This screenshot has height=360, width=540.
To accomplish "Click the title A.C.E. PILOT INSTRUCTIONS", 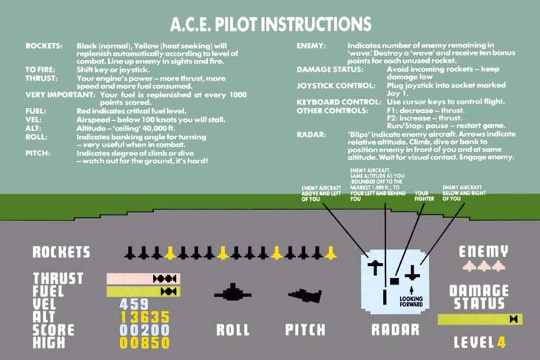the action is tap(271, 24).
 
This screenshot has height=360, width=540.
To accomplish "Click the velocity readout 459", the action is tap(134, 304).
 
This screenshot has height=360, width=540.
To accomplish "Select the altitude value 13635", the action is tap(145, 317).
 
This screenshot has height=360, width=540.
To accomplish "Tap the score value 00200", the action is tap(145, 330).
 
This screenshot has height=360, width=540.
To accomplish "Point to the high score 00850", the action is tap(145, 343).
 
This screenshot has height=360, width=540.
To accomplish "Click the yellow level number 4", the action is tap(502, 342).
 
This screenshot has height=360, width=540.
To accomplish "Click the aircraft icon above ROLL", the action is tap(233, 293).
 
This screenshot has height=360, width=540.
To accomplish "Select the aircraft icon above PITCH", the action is tap(305, 295).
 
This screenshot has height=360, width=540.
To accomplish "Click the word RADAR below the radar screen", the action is tap(395, 330).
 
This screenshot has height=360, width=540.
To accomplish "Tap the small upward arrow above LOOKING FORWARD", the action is tap(411, 290).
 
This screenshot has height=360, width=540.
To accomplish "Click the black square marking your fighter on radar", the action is tap(394, 281).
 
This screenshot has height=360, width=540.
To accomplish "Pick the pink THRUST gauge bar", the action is tap(144, 279).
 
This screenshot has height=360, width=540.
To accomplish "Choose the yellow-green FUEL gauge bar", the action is tap(144, 292).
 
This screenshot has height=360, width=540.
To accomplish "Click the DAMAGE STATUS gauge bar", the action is tap(480, 319).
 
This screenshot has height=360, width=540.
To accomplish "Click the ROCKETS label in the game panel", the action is tap(61, 252).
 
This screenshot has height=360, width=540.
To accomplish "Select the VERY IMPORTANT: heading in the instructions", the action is tap(60, 95).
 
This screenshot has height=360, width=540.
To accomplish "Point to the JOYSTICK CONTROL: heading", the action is tap(336, 86).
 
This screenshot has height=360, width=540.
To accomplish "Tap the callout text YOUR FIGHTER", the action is tap(424, 196).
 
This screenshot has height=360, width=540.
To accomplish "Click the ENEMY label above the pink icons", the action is tap(484, 251).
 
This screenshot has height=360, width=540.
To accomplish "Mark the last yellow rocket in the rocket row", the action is tap(331, 253).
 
